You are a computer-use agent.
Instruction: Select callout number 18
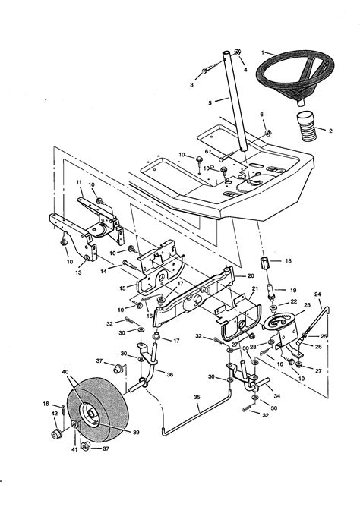coord(288,260)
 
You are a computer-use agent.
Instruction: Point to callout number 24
coord(318,294)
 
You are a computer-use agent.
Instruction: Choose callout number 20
coord(251,276)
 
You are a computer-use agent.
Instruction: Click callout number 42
coord(54,414)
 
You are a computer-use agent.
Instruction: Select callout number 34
coord(276,396)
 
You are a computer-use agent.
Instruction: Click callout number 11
coord(78,183)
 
